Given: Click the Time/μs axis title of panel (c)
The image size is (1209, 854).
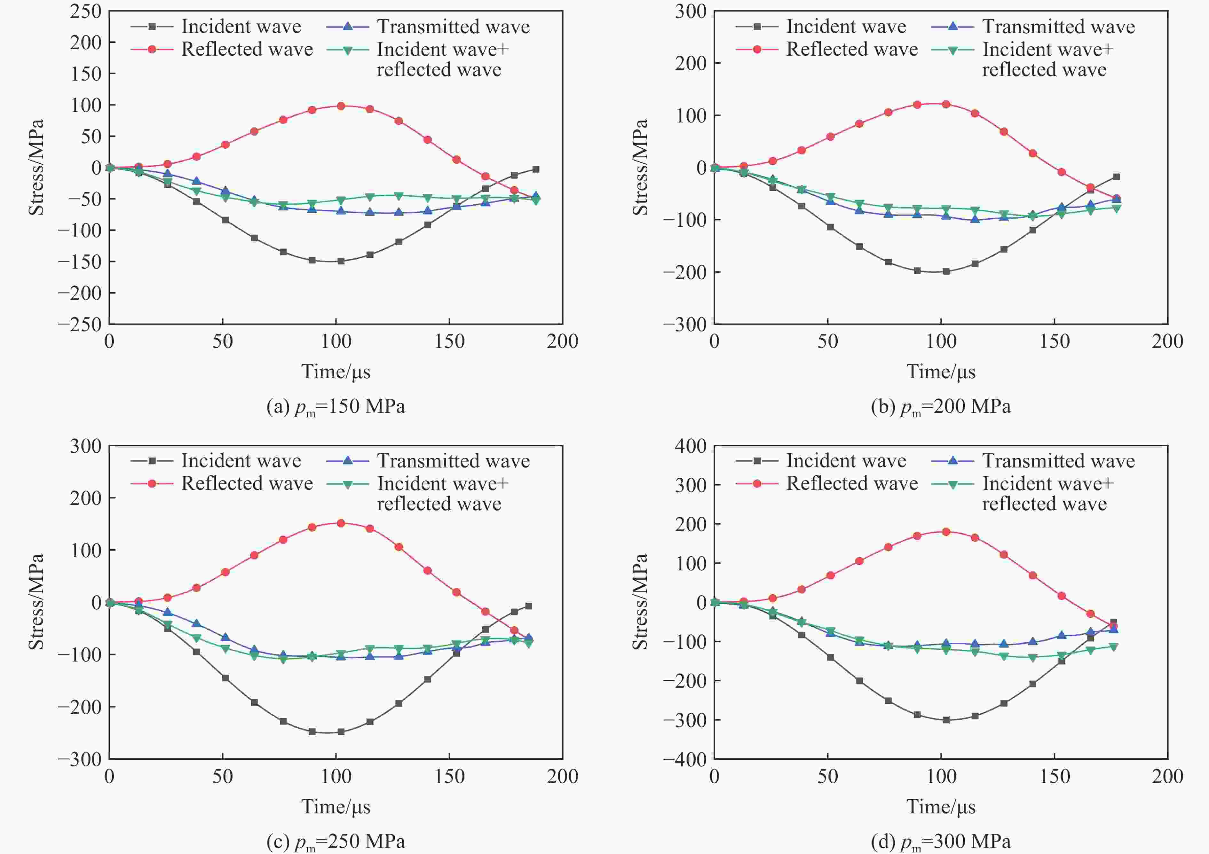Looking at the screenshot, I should tap(336, 807).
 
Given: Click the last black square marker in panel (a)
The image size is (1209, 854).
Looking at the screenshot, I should tap(535, 169).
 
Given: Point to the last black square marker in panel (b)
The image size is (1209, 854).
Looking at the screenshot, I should tap(1116, 177).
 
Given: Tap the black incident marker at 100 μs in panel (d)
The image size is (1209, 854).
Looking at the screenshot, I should tap(946, 720).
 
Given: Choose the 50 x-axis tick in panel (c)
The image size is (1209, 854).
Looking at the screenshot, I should tap(223, 776).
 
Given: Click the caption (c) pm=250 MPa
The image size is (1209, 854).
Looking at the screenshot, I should tap(336, 841).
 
